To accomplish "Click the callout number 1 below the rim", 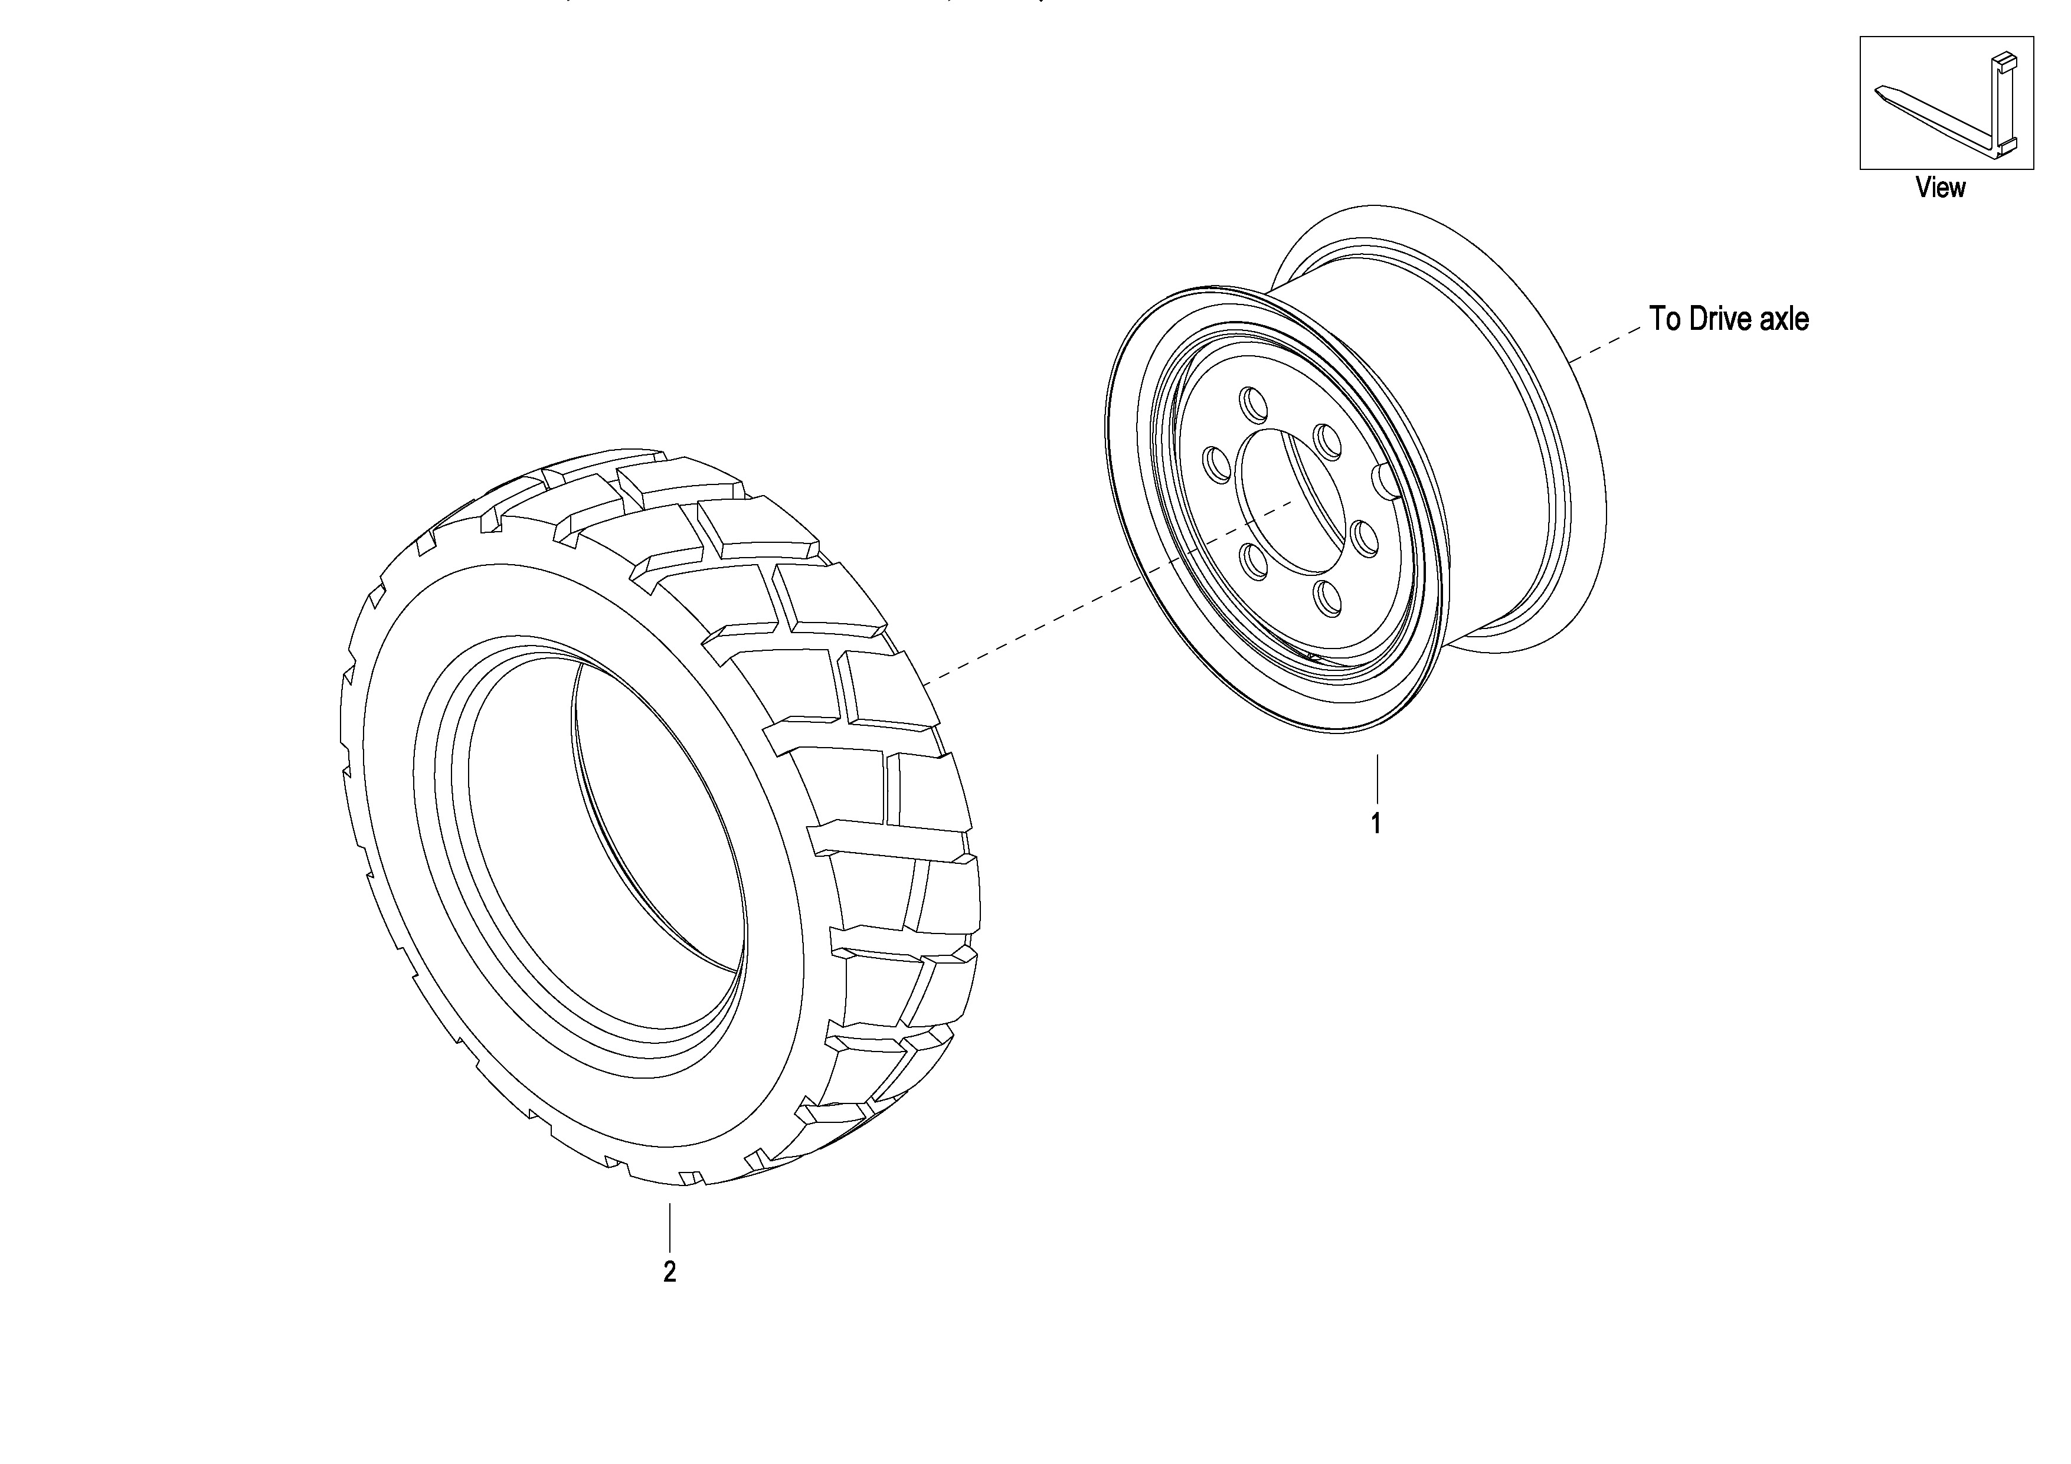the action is [x=1376, y=824].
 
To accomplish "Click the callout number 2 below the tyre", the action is [x=669, y=1272].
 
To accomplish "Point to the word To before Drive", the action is [x=1664, y=319].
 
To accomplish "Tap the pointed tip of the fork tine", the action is [x=1877, y=89].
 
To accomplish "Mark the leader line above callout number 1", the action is [x=1376, y=780].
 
